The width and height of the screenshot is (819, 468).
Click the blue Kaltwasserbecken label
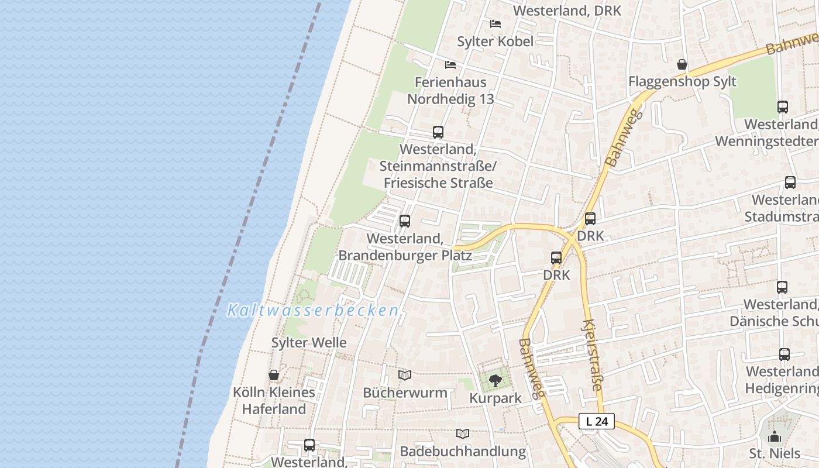313,310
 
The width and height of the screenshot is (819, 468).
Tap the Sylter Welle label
309,342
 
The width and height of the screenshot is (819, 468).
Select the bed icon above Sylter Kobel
495,24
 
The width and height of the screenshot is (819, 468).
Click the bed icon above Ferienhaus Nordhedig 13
450,64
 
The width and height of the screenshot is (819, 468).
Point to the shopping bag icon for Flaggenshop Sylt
682,64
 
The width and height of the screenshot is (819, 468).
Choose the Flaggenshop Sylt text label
682,81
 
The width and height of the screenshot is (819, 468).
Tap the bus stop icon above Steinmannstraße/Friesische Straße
438,132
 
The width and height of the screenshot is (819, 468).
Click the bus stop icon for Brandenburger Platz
404,221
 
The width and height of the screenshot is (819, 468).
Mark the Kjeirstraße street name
593,355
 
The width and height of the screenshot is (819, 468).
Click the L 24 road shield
597,421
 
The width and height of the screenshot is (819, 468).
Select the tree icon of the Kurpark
495,381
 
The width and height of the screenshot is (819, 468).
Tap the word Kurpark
495,398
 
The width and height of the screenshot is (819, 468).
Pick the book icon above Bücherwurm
405,375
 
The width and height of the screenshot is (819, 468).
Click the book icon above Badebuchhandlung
463,433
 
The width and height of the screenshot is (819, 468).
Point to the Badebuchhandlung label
463,451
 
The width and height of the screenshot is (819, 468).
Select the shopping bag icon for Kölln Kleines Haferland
274,375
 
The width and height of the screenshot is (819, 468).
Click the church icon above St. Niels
775,436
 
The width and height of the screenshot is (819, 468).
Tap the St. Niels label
775,453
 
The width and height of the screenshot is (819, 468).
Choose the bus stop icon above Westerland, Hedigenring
784,355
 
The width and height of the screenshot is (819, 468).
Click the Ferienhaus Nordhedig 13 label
450,91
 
